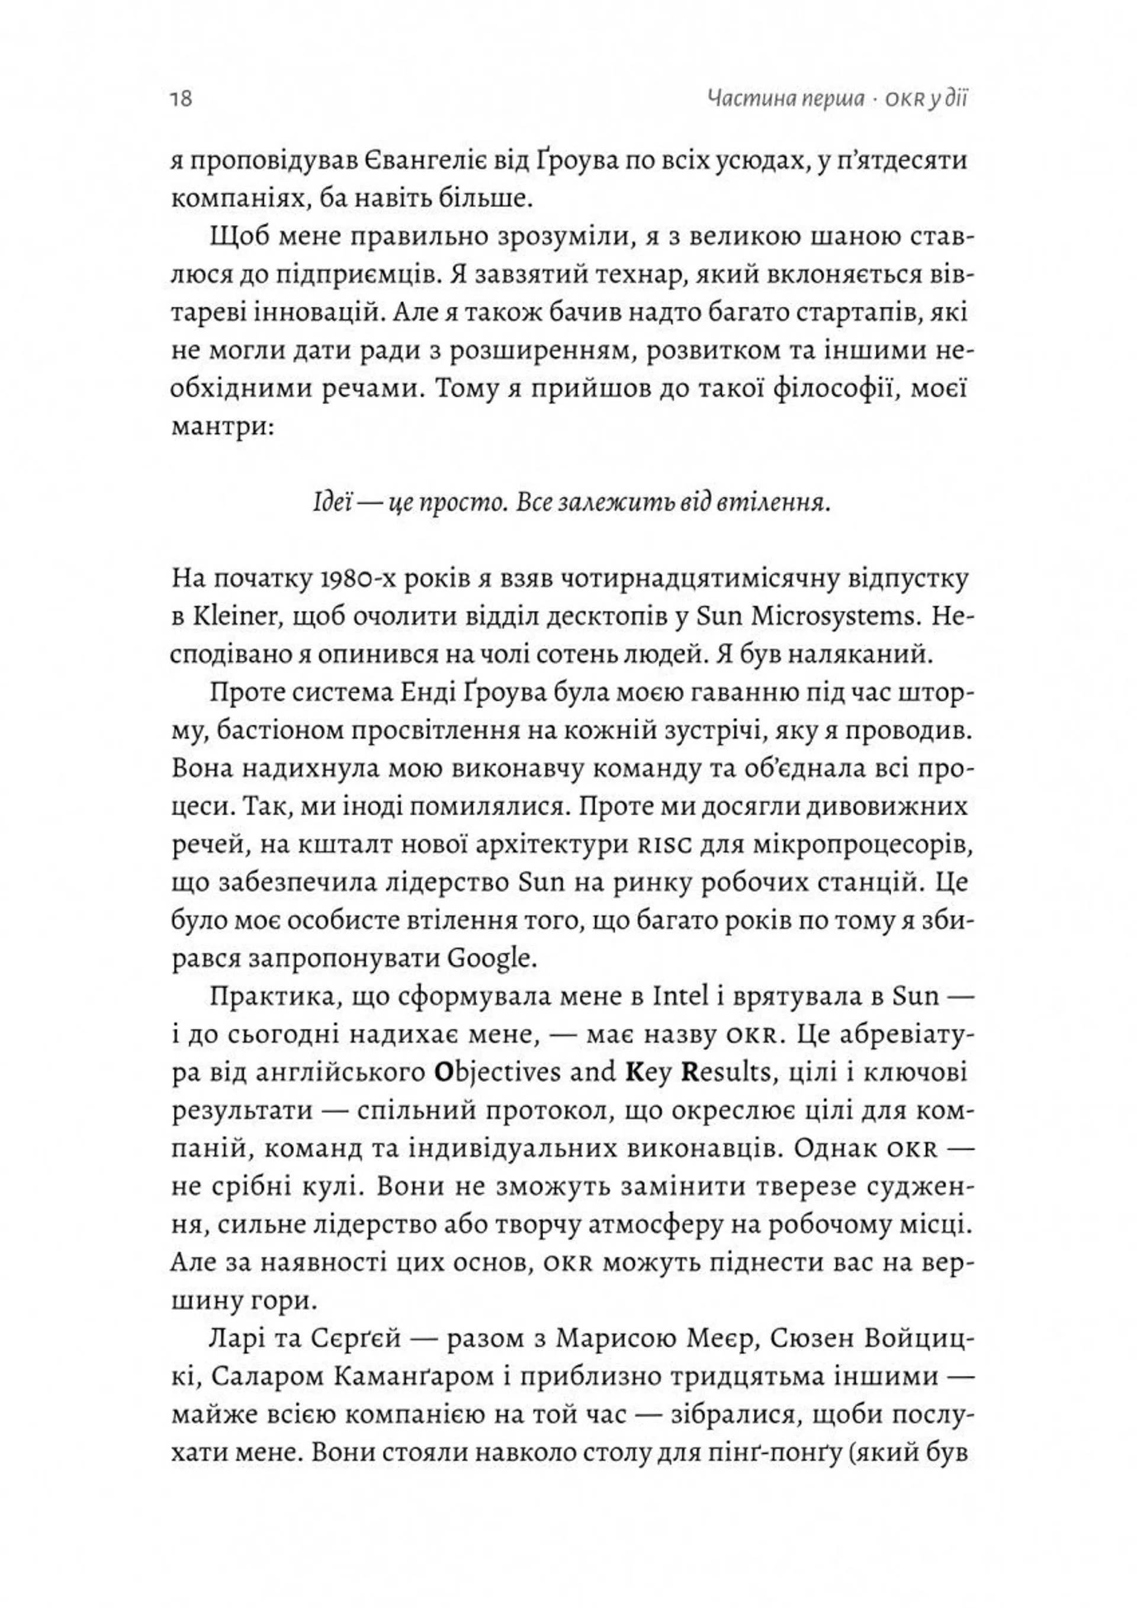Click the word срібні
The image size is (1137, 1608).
click(258, 1186)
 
